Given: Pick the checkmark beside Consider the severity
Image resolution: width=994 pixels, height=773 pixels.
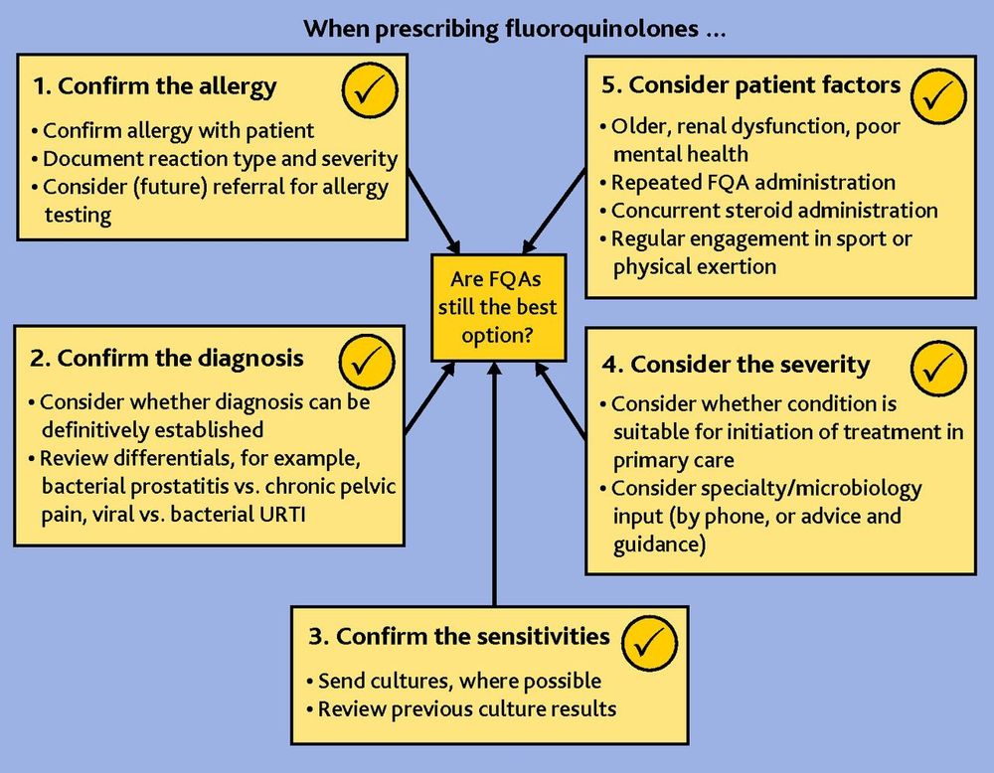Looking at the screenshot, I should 939,370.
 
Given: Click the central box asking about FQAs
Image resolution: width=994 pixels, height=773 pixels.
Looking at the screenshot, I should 496,308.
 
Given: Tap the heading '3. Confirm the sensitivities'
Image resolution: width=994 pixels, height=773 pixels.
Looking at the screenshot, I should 459,636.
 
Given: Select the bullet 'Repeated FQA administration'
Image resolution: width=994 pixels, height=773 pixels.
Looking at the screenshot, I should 752,183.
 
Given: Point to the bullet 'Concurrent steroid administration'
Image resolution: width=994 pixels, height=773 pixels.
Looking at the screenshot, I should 773,211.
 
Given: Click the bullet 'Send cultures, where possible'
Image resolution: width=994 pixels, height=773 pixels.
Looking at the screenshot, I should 458,682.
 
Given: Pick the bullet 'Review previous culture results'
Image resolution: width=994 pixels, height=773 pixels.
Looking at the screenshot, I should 466,709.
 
